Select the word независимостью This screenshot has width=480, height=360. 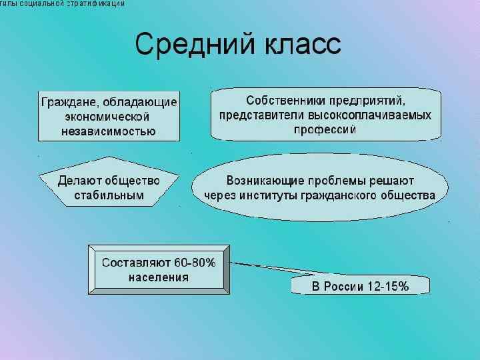(109, 131)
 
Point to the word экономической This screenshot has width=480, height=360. (109, 117)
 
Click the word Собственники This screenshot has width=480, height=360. (284, 101)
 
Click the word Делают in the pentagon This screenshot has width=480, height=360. (79, 181)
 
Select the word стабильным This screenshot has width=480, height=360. (109, 195)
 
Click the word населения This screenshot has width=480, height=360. (159, 277)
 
